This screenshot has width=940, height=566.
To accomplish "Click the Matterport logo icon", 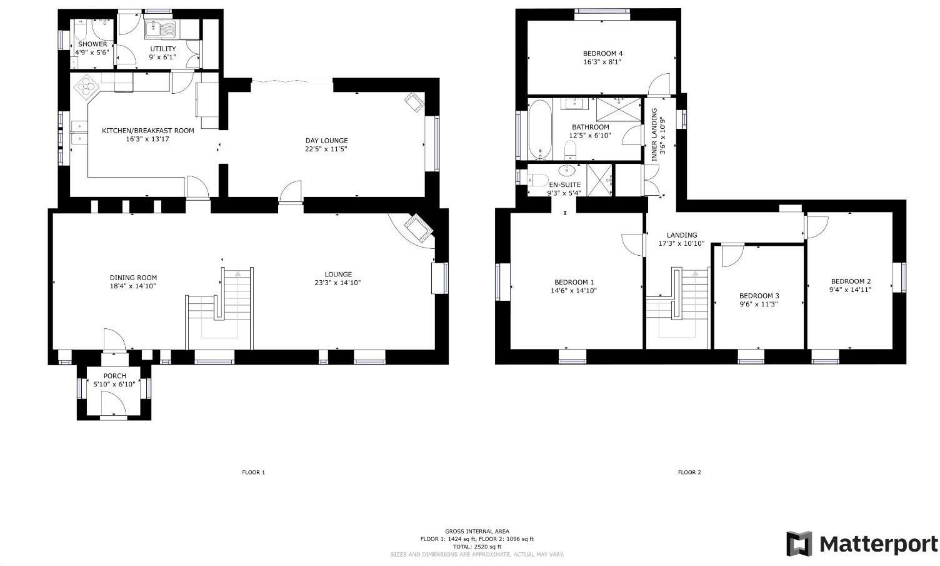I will pyautogui.click(x=799, y=543).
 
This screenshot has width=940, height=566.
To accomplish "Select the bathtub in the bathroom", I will pyautogui.click(x=539, y=129).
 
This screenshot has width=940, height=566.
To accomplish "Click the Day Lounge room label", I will pyautogui.click(x=326, y=141).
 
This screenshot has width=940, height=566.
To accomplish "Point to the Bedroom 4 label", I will pyautogui.click(x=602, y=53).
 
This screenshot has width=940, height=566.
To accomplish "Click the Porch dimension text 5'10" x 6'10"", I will pyautogui.click(x=114, y=384).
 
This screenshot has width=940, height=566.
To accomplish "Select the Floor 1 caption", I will pyautogui.click(x=253, y=472).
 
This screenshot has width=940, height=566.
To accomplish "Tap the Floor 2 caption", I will pyautogui.click(x=689, y=472).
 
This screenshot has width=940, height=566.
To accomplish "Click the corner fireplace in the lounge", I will pyautogui.click(x=417, y=228).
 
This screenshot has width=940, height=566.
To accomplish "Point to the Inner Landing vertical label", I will pyautogui.click(x=659, y=135).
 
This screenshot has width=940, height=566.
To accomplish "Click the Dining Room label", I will pyautogui.click(x=133, y=278).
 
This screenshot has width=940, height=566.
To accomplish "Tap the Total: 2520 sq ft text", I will pyautogui.click(x=477, y=547).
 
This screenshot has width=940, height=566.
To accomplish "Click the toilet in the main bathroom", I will pyautogui.click(x=570, y=150).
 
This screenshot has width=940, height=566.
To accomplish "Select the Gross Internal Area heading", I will pyautogui.click(x=477, y=531).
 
